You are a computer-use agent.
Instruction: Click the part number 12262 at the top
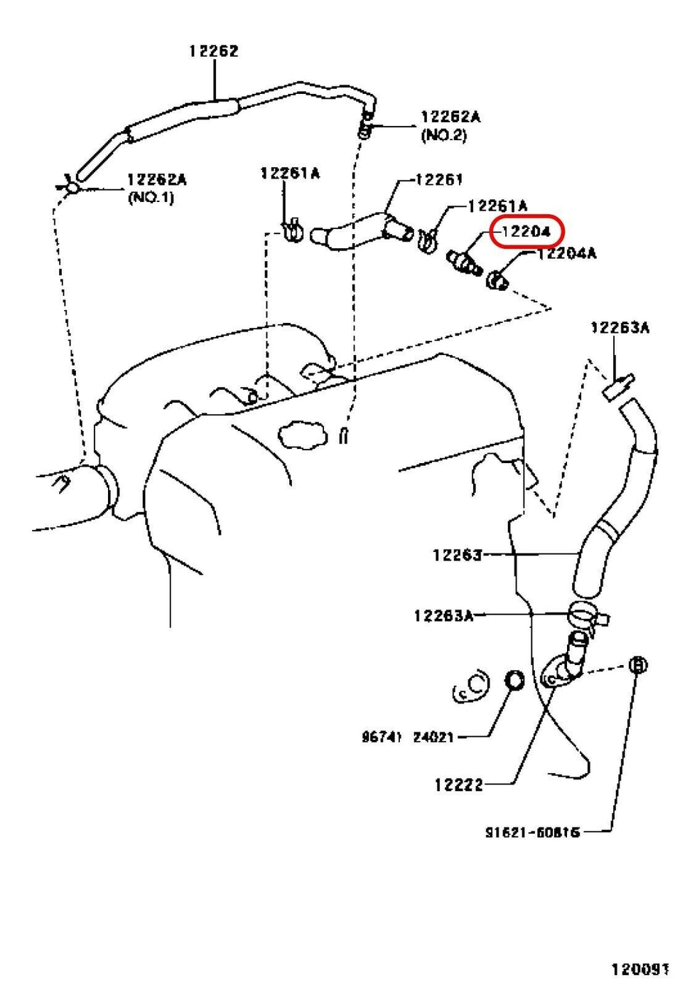tap(213, 51)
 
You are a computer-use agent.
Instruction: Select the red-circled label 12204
tap(526, 232)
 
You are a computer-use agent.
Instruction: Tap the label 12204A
tap(566, 254)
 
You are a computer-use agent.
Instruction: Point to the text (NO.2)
tap(444, 135)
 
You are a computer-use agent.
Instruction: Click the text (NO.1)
tap(150, 198)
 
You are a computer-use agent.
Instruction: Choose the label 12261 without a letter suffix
tap(439, 180)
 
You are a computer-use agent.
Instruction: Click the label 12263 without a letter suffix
tap(457, 554)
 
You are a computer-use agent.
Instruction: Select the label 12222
tap(458, 785)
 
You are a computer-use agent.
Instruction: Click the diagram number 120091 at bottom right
tap(641, 970)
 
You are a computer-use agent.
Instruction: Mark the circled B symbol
tap(637, 665)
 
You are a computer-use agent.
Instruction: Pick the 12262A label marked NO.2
tap(450, 117)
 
